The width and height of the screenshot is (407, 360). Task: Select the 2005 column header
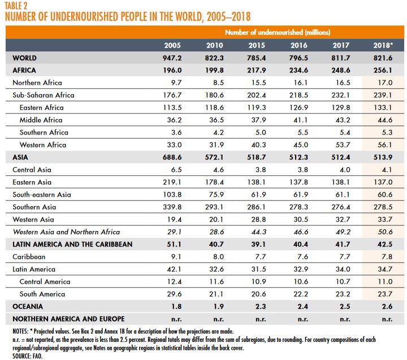coord(172,45)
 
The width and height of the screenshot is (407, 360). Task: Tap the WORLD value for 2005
coord(172,58)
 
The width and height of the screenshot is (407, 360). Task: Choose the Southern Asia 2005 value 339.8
coord(172,207)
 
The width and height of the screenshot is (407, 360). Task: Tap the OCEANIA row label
coord(26,306)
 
